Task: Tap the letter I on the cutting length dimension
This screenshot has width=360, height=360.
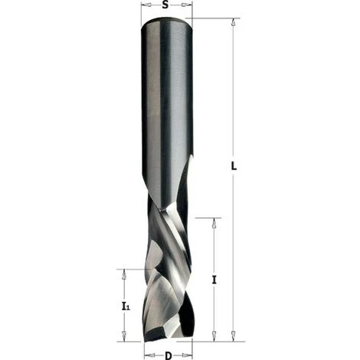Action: click(x=214, y=280)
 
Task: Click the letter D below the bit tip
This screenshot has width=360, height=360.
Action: click(x=167, y=355)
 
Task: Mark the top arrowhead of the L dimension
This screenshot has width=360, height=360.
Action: click(x=234, y=23)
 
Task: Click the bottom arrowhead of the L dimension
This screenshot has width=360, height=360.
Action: click(x=234, y=335)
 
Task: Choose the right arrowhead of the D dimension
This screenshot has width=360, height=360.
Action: click(x=186, y=355)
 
